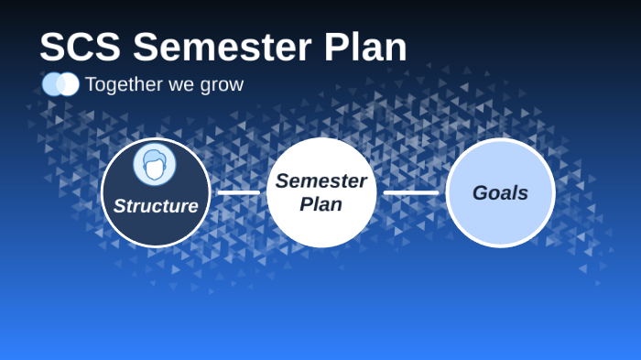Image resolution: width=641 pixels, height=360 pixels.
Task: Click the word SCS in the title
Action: [x=81, y=48]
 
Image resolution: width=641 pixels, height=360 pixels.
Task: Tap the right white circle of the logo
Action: [x=70, y=84]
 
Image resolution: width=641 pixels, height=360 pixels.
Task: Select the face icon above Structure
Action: [x=155, y=165]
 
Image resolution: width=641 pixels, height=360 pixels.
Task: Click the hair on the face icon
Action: [x=155, y=157]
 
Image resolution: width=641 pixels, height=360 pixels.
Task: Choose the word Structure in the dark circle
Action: [x=156, y=206]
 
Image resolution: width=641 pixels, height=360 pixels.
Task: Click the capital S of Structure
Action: [x=119, y=206]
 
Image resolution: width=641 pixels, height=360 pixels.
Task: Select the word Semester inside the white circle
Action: [x=320, y=181]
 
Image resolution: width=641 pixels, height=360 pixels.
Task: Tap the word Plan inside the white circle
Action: [x=320, y=204]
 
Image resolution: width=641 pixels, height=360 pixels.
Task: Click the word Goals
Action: [x=500, y=193]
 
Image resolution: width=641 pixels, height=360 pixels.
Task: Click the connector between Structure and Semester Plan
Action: [x=238, y=192]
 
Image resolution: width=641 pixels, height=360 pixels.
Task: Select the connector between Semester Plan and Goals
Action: [x=410, y=192]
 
